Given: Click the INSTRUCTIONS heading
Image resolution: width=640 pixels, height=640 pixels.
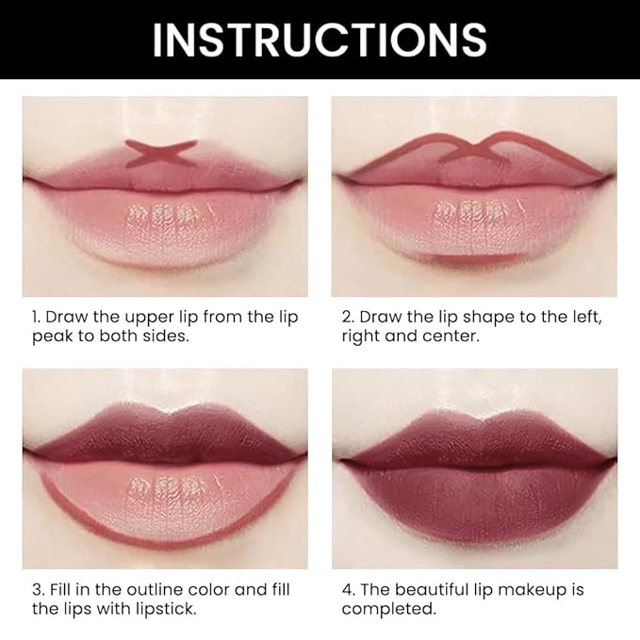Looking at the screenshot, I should point(320,40).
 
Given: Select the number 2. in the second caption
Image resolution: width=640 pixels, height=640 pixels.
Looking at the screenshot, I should point(349,317).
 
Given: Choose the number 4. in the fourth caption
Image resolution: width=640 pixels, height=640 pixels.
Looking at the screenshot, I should point(350,590).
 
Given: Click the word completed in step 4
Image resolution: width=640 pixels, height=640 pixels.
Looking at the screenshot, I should point(388,610).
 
